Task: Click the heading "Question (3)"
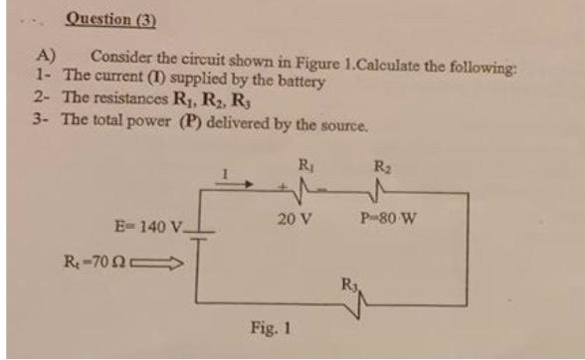(110, 18)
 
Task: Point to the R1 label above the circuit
(304, 158)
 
